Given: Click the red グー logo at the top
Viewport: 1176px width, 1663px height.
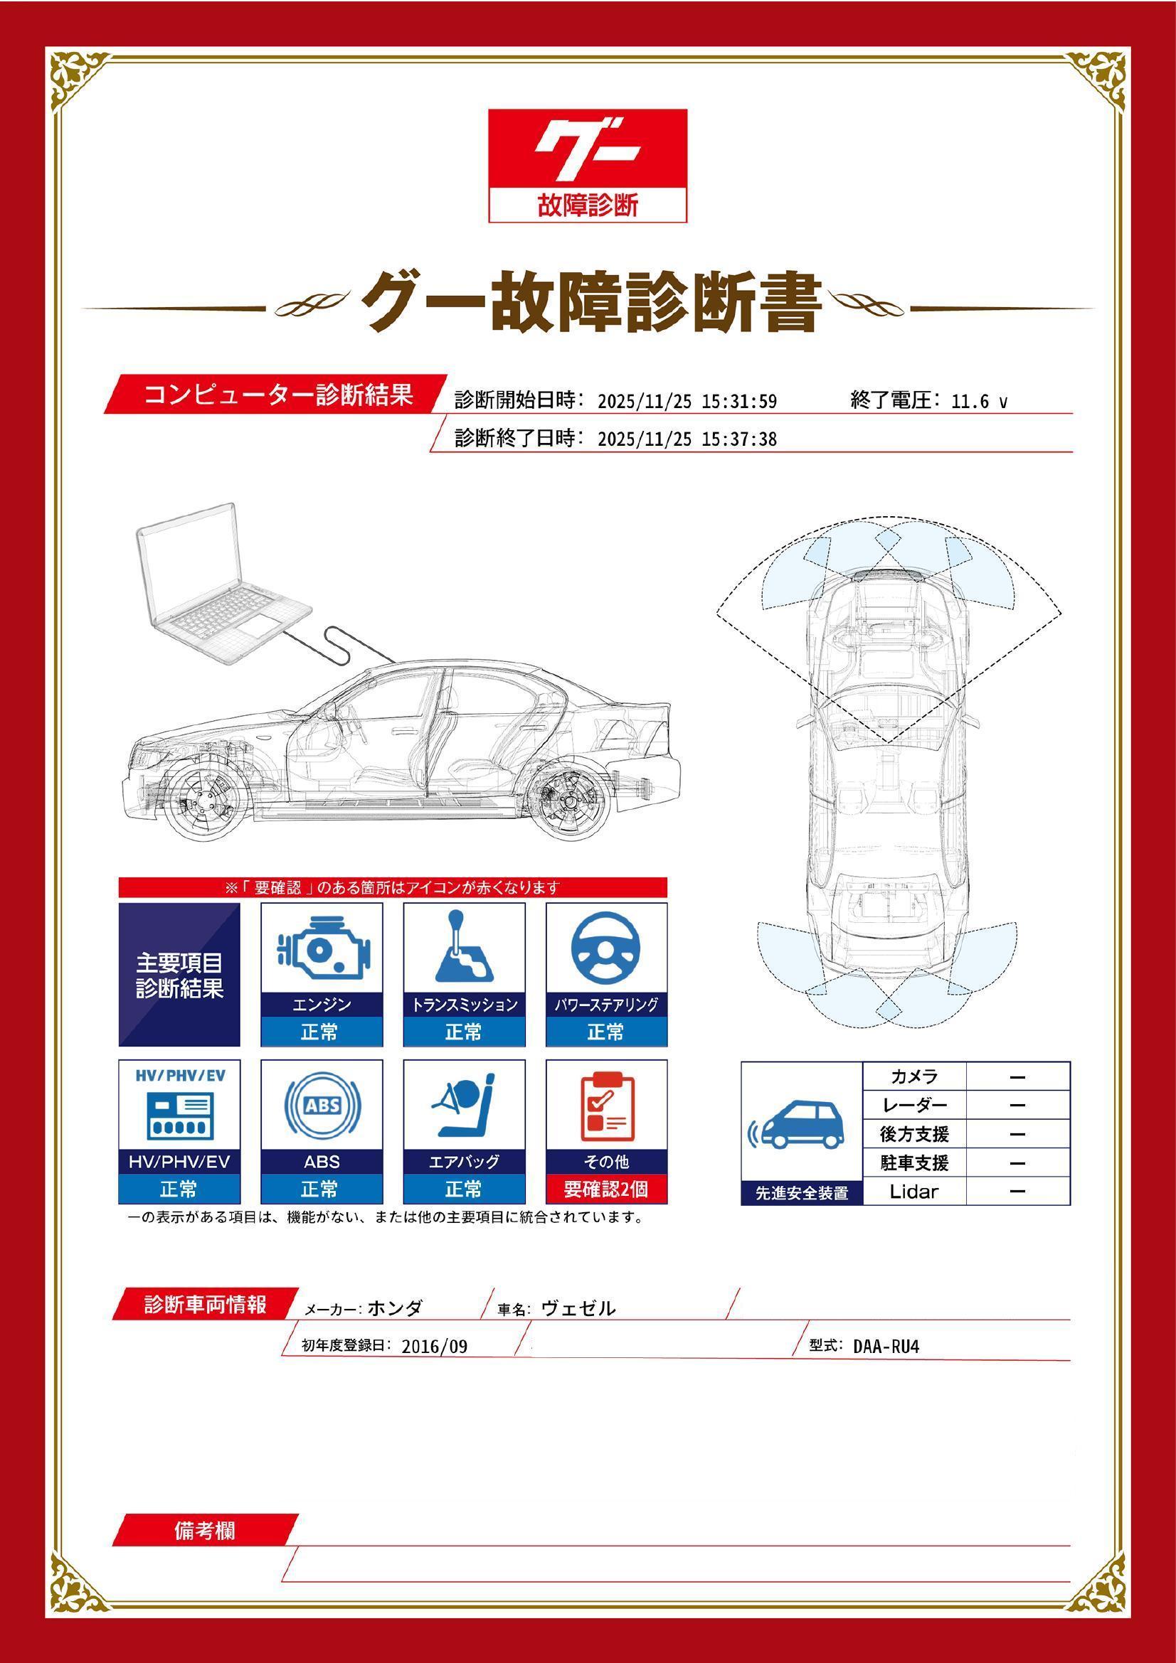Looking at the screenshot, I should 587,149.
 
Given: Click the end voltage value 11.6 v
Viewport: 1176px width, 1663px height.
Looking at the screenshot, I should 978,401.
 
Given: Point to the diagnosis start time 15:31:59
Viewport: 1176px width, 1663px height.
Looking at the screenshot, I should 739,401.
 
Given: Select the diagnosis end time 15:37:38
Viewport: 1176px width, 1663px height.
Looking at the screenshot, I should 739,439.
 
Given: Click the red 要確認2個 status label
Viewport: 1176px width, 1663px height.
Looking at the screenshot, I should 605,1189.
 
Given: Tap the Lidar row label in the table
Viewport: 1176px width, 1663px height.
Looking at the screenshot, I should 913,1192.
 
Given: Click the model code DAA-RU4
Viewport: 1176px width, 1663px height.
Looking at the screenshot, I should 886,1347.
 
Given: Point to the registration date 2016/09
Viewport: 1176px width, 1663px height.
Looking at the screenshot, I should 434,1347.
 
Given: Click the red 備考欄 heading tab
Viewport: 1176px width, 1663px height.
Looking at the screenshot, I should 205,1531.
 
